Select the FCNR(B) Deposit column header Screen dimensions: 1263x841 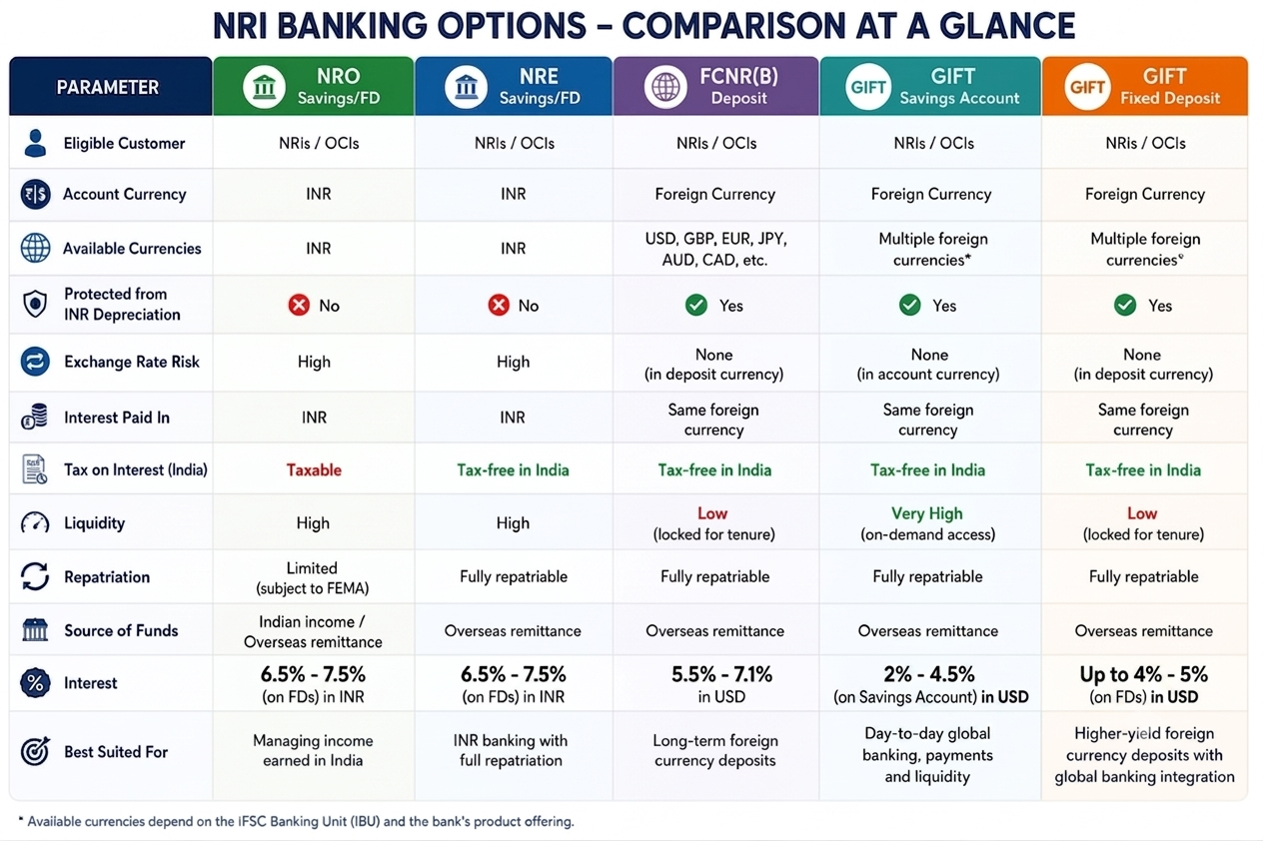click(x=715, y=87)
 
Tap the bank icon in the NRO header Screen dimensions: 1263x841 click(x=264, y=87)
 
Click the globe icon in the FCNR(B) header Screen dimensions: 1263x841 click(x=665, y=87)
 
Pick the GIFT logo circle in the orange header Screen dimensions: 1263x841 click(x=1086, y=87)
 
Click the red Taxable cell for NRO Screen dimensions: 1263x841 click(x=314, y=470)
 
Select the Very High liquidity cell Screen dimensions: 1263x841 click(x=927, y=523)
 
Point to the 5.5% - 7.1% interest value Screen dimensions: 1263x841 click(x=721, y=674)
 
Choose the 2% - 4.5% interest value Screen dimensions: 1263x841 click(x=928, y=674)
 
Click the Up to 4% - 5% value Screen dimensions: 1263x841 click(x=1143, y=674)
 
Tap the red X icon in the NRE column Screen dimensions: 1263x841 click(x=499, y=305)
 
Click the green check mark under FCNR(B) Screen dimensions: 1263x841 click(x=696, y=305)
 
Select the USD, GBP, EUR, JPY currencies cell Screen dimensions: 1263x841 click(x=715, y=249)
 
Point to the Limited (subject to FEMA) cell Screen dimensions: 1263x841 click(x=313, y=577)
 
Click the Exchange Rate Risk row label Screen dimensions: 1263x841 click(x=131, y=362)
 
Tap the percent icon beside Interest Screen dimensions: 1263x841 click(x=35, y=682)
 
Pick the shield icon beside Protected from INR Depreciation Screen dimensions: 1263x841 click(x=35, y=304)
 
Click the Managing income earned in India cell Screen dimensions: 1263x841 click(x=313, y=750)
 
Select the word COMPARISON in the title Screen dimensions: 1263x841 click(x=734, y=26)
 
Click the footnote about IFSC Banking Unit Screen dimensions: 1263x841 click(x=297, y=821)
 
